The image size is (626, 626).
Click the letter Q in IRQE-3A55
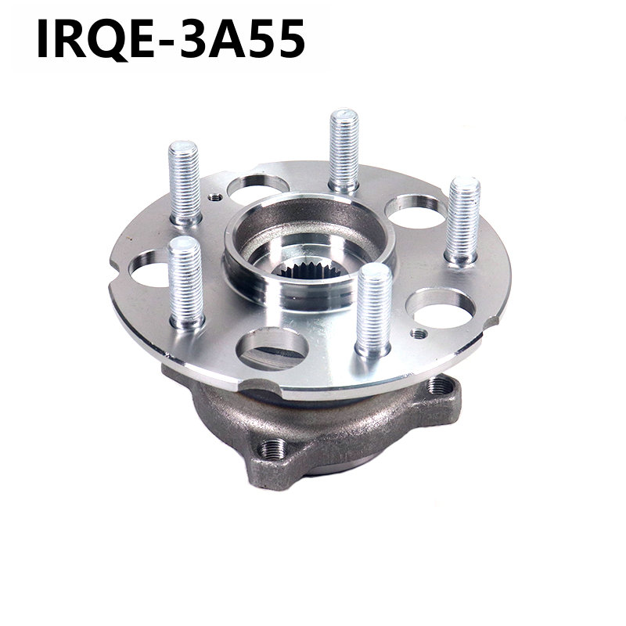[107, 39]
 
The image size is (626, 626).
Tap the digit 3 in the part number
[192, 38]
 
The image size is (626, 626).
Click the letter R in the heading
[70, 38]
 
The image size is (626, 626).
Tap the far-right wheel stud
[463, 221]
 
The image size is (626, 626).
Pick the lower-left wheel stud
[186, 282]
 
